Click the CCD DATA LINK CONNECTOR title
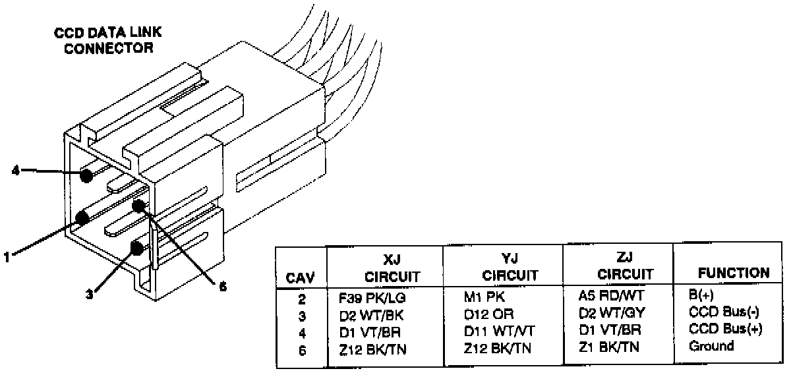pyautogui.click(x=108, y=40)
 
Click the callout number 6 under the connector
pyautogui.click(x=222, y=287)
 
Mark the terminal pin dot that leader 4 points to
pyautogui.click(x=85, y=175)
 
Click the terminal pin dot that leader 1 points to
pyautogui.click(x=83, y=217)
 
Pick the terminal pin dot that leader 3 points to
pyautogui.click(x=138, y=248)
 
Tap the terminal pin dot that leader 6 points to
pyautogui.click(x=138, y=206)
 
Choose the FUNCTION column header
pyautogui.click(x=733, y=272)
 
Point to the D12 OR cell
pyautogui.click(x=488, y=314)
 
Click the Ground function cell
pyautogui.click(x=711, y=345)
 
